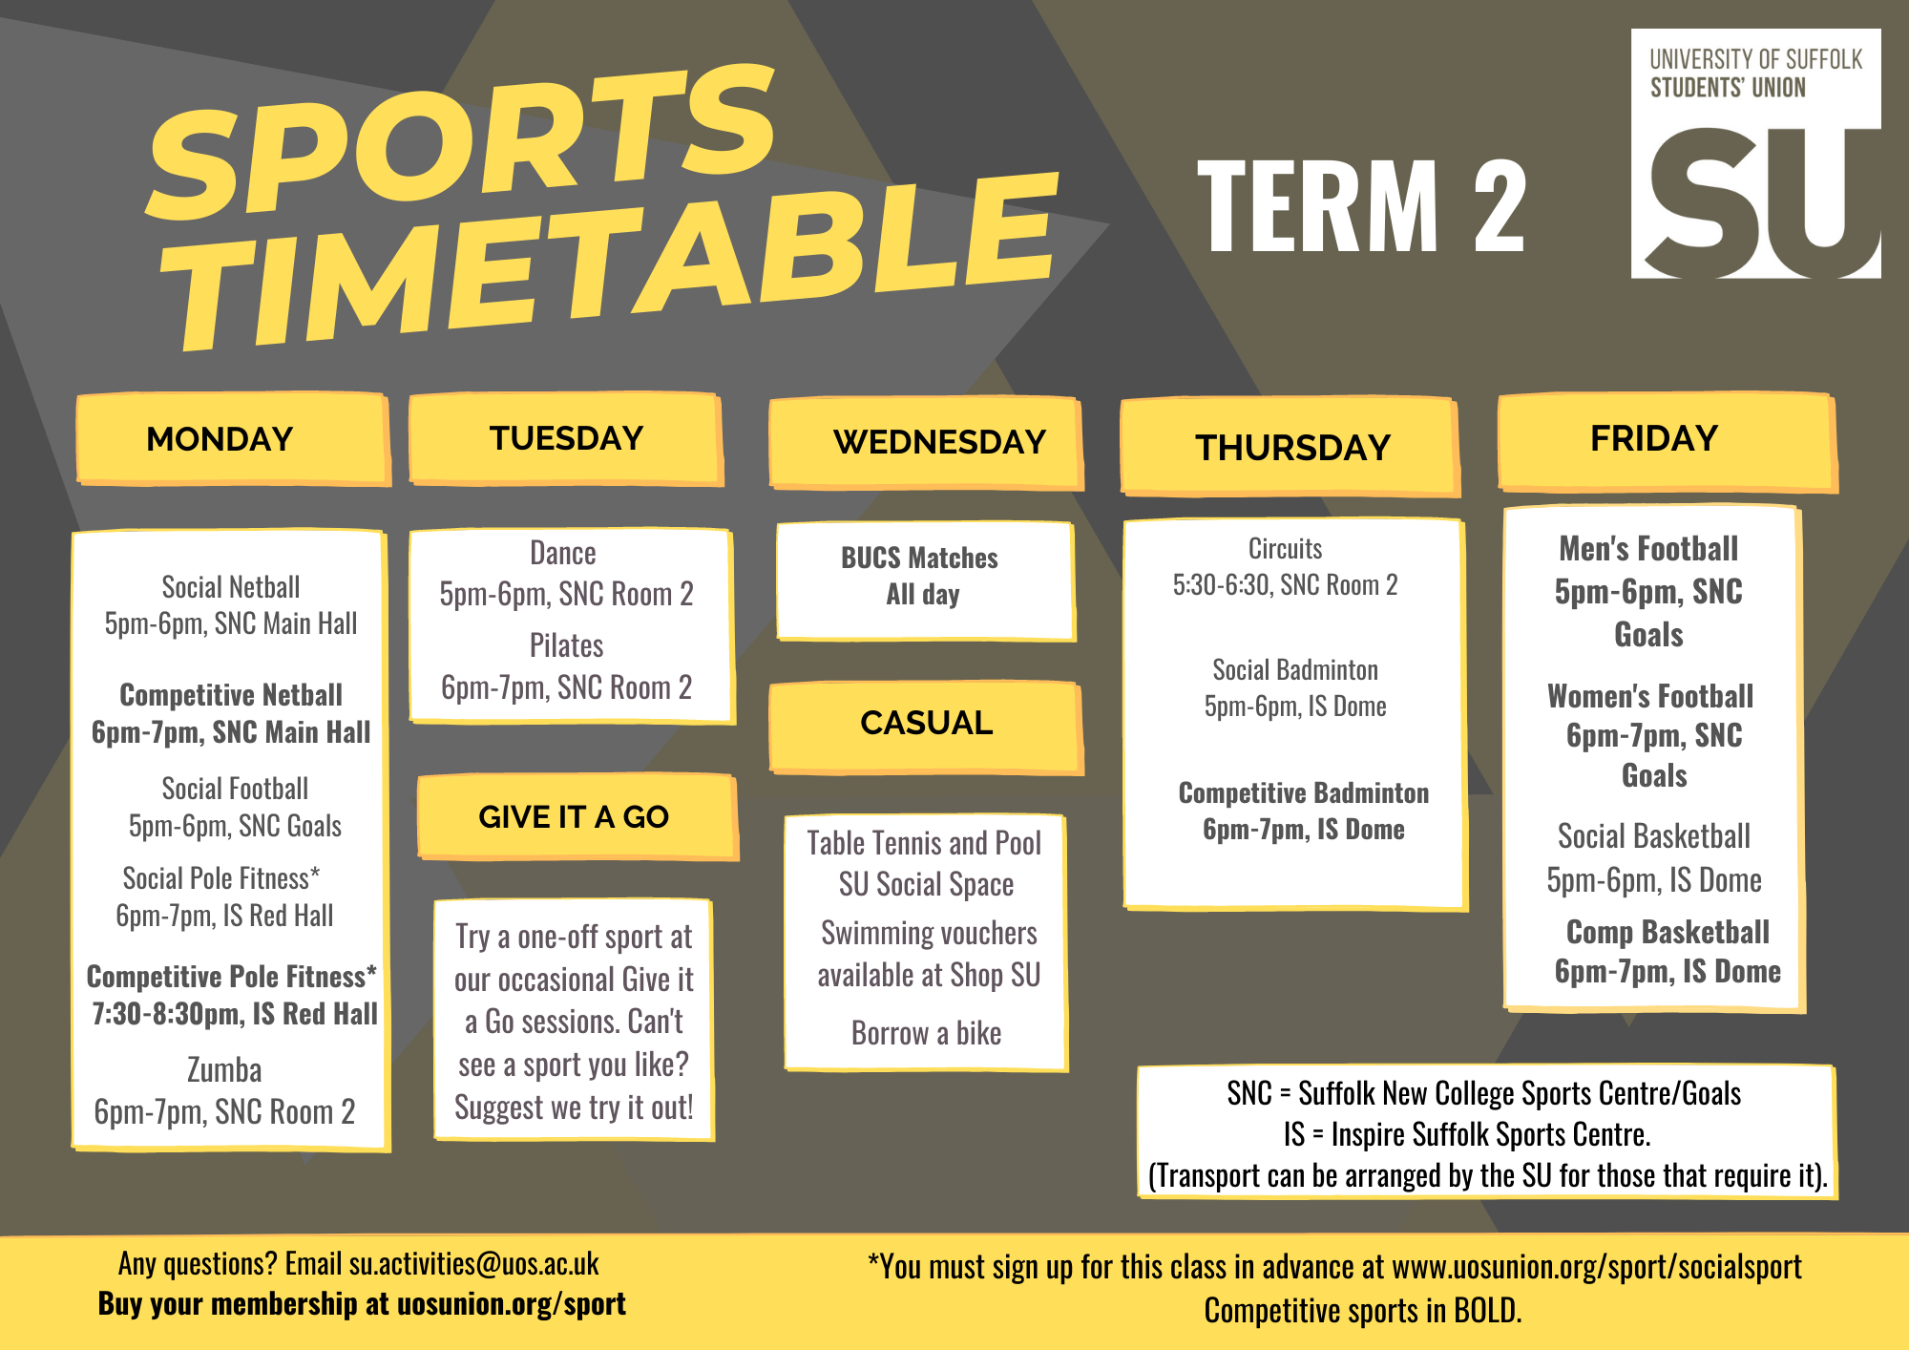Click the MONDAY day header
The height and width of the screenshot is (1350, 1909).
[x=220, y=439]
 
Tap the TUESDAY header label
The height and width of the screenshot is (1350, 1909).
[x=566, y=438]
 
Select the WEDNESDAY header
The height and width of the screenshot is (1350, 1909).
[x=939, y=442]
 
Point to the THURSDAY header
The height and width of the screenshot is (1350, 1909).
[x=1292, y=448]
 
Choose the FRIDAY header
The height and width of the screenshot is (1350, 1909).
[x=1654, y=438]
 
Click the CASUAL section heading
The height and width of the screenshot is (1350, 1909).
[x=926, y=723]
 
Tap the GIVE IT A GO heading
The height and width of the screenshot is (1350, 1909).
[x=573, y=817]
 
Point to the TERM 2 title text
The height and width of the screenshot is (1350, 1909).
[x=1362, y=206]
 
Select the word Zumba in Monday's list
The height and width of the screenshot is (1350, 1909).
[x=224, y=1070]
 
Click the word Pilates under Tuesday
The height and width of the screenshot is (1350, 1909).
[x=567, y=646]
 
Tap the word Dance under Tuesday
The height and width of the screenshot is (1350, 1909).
[x=563, y=554]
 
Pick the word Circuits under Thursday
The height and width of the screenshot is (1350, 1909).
[x=1286, y=549]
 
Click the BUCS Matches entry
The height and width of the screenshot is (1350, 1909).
[x=919, y=559]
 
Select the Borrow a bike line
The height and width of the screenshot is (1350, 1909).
[x=926, y=1033]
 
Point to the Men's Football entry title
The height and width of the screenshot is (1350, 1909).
[x=1648, y=549]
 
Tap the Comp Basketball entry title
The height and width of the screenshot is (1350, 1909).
[x=1668, y=932]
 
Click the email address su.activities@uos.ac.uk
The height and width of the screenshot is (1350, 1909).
[x=473, y=1264]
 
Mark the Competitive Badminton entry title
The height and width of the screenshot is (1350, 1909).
[x=1304, y=793]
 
